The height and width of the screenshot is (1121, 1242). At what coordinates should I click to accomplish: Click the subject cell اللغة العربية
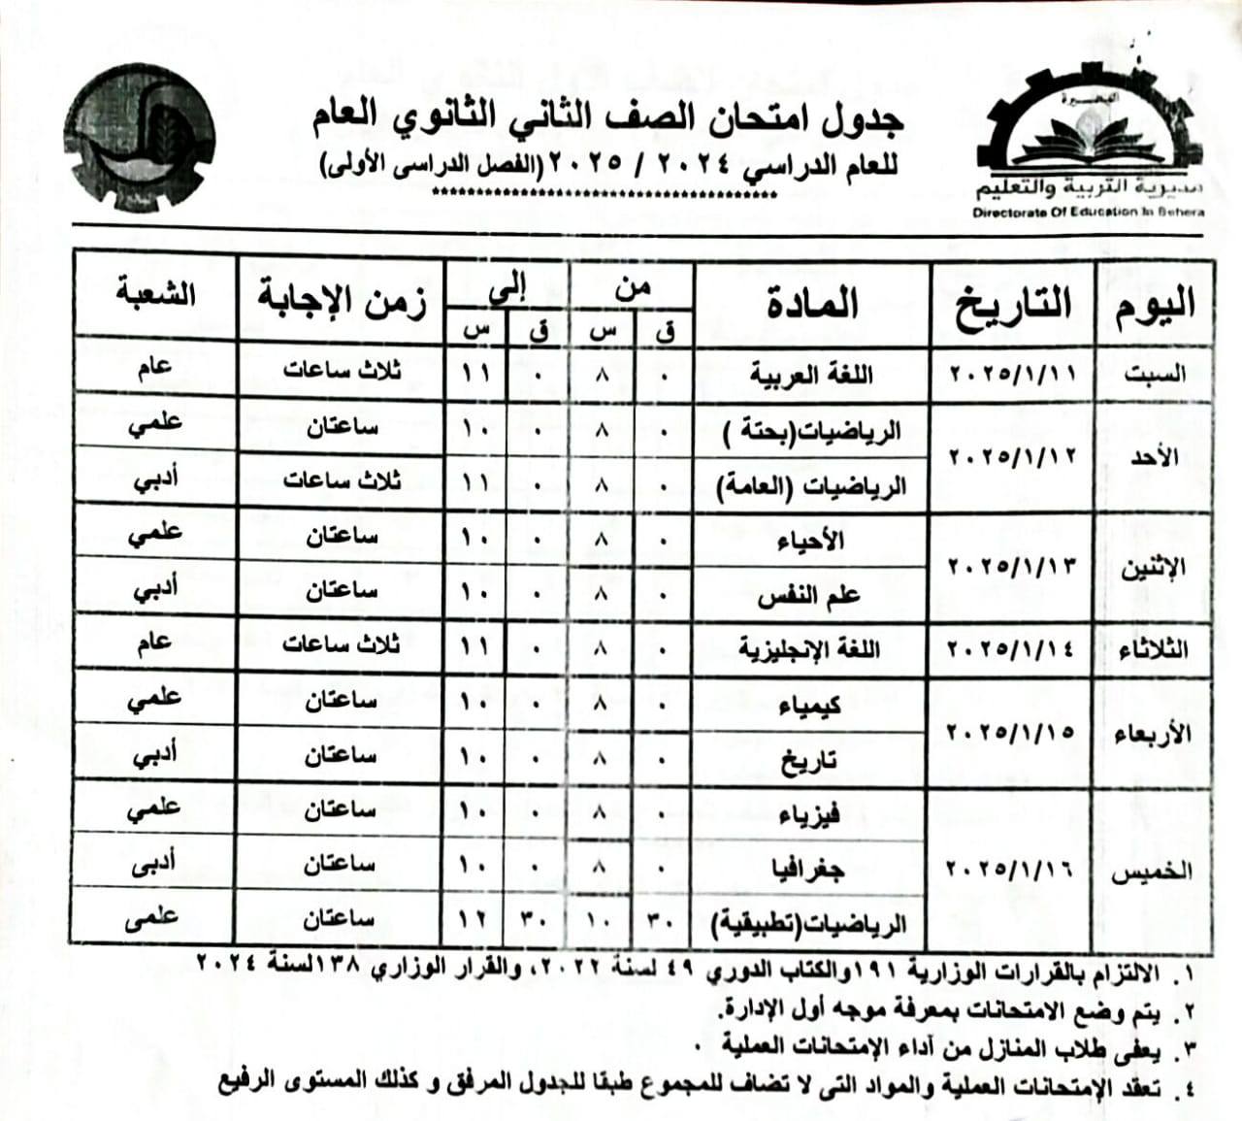coord(810,374)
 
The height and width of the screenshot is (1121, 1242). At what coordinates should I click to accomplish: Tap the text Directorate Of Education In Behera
coord(1088,212)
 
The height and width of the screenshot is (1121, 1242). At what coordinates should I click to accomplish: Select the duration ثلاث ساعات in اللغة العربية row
coord(341,372)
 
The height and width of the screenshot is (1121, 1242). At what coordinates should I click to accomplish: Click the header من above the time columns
coord(633,288)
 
